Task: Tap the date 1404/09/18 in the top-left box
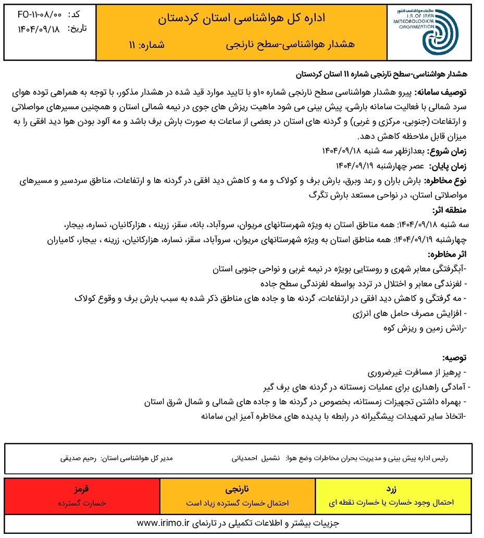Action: coord(32,29)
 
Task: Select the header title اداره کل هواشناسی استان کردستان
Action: coord(241,19)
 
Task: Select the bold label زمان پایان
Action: coord(448,166)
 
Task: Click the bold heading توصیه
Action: coord(455,358)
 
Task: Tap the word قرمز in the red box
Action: coord(82,490)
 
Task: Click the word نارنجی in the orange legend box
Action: coord(238,490)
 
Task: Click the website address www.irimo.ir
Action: coord(163,522)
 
